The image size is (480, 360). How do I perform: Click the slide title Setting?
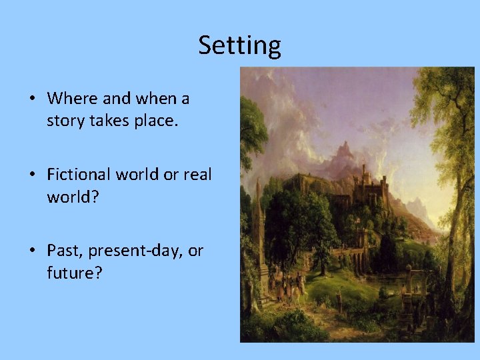(239, 45)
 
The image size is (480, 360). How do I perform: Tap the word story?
(65, 121)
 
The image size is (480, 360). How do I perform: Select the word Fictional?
(79, 175)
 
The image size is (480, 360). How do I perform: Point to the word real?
(197, 175)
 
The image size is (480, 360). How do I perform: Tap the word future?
(74, 273)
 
